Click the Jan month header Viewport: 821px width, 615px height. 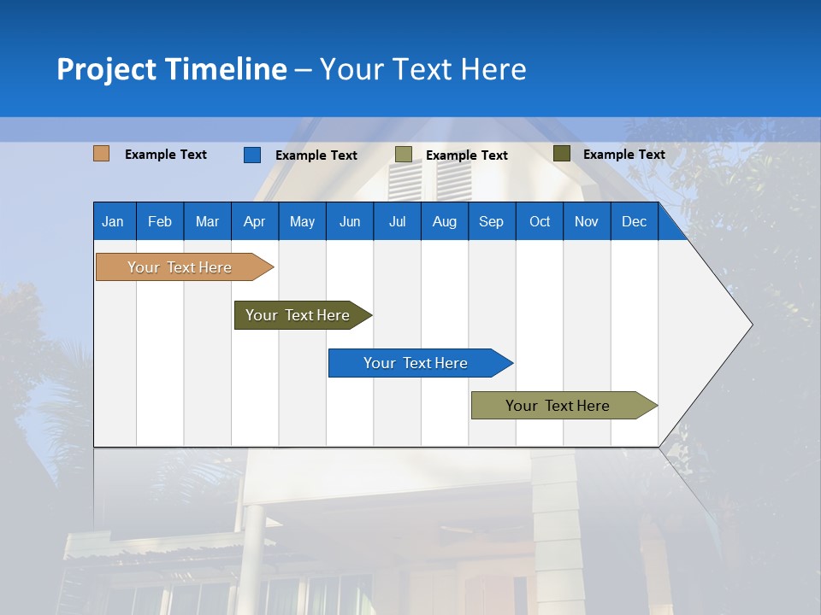click(113, 222)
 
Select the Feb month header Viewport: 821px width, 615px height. click(160, 222)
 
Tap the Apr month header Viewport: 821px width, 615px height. click(255, 222)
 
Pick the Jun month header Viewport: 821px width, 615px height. click(350, 222)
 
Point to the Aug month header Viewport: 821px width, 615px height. click(445, 222)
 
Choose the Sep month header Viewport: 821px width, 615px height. click(491, 222)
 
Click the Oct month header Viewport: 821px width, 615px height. click(540, 222)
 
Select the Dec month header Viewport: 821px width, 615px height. click(635, 222)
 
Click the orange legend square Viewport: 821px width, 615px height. click(102, 154)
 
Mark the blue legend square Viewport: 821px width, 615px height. click(252, 155)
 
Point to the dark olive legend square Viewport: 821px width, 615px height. click(562, 154)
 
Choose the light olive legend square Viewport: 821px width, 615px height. click(404, 155)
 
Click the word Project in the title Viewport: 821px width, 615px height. click(107, 69)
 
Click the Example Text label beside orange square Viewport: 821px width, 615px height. click(166, 155)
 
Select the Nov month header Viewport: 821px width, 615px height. click(587, 222)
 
